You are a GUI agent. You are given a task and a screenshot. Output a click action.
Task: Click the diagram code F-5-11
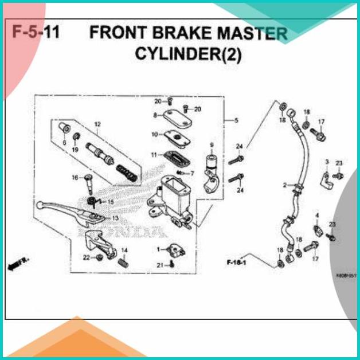(x=36, y=33)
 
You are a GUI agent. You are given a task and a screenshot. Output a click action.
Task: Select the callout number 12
(x=97, y=124)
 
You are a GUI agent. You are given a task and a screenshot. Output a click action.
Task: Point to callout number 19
(x=75, y=150)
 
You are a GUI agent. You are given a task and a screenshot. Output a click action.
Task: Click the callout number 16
(x=75, y=178)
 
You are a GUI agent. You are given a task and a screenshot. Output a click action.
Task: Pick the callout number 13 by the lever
(x=115, y=218)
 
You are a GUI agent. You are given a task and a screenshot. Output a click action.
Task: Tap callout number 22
(x=86, y=257)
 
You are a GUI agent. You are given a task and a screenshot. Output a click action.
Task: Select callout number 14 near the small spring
(x=124, y=251)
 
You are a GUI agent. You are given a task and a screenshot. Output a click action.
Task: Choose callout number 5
(x=236, y=120)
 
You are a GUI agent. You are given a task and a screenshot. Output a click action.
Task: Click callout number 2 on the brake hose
(x=285, y=185)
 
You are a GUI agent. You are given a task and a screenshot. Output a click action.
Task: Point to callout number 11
(x=154, y=155)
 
